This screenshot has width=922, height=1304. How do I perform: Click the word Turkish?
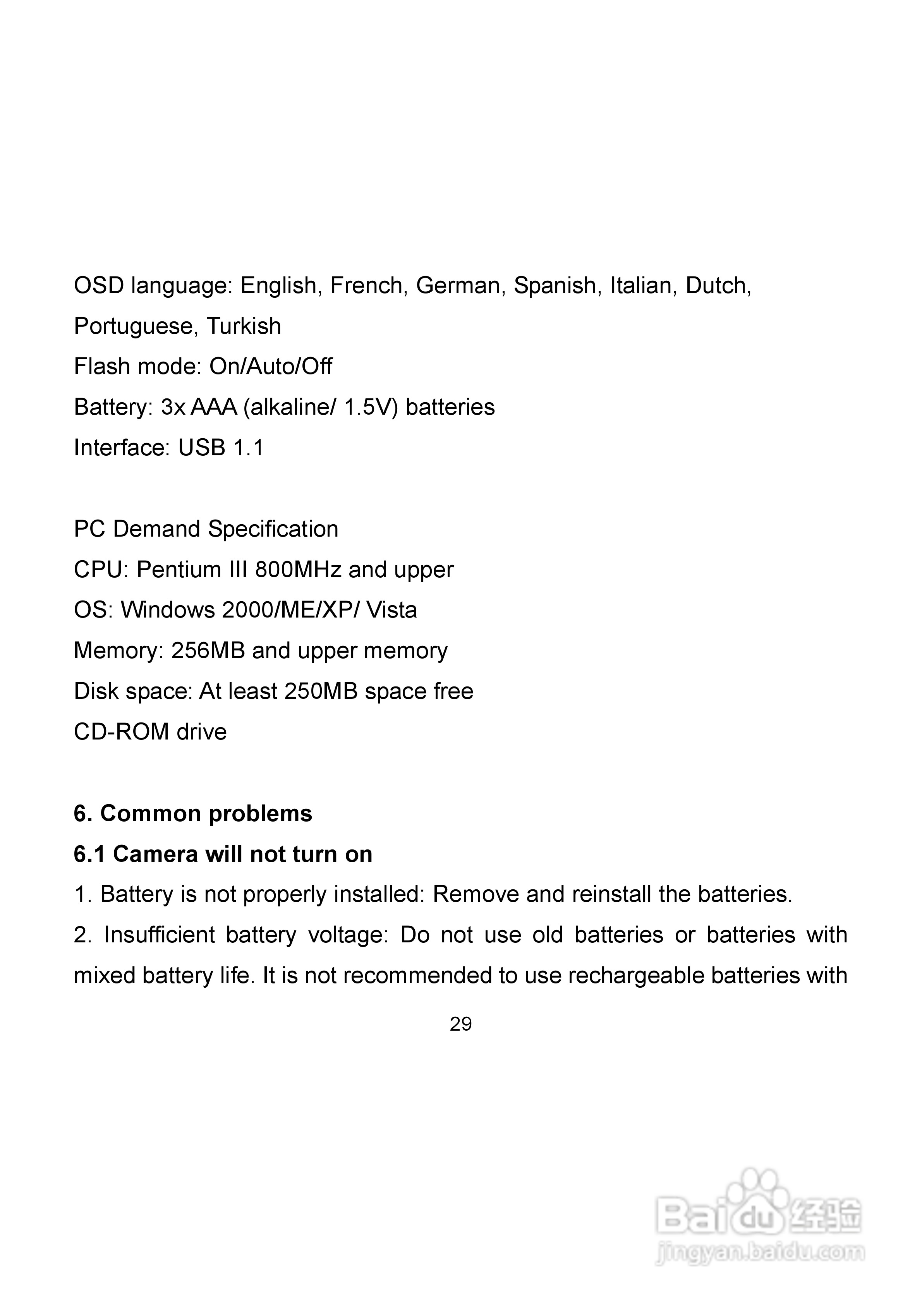tap(243, 326)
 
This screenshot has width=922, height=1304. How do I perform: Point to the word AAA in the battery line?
tap(214, 408)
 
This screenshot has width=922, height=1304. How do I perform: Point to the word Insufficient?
tap(159, 935)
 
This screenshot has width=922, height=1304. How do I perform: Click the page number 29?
tap(461, 1024)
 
